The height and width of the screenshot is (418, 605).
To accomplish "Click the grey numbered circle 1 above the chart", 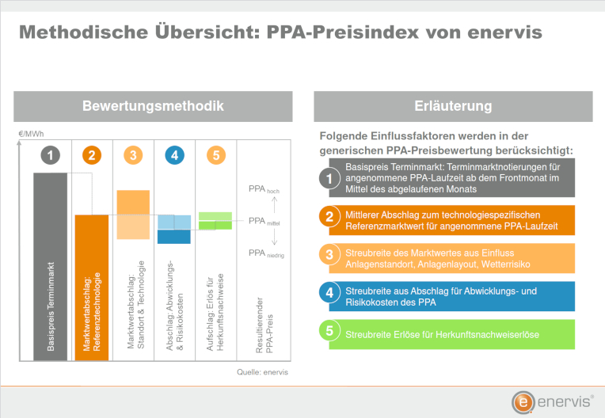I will tap(51, 156).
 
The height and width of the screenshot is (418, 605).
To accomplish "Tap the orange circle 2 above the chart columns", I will tap(92, 156).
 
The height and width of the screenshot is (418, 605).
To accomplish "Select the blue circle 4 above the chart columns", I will tap(174, 156).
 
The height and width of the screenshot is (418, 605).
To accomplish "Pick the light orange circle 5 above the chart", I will tap(215, 156).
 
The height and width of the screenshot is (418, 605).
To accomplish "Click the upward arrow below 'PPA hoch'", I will tap(273, 204).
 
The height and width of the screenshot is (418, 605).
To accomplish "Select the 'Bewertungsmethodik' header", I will tap(153, 106).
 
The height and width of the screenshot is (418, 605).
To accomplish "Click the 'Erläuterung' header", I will tap(453, 106).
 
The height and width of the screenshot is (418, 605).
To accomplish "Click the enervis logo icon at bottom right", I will tap(522, 402).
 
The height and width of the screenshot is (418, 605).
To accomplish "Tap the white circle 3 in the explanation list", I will tap(330, 256).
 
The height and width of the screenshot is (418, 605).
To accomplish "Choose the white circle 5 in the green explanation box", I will tap(330, 333).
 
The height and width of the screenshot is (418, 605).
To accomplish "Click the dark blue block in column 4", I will tap(174, 236).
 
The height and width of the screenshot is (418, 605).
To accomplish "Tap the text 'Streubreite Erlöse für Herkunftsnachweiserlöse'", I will tap(442, 335).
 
